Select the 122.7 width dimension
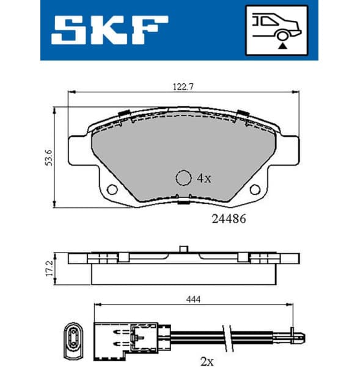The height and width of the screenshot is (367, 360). tap(183, 87)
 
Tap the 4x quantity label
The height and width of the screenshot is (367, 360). tap(204, 179)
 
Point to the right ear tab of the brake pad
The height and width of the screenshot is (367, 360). tap(288, 149)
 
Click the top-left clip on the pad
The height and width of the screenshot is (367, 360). tap(123, 114)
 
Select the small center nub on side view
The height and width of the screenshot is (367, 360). tap(183, 248)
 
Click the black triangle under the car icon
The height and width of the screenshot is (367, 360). tap(282, 44)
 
